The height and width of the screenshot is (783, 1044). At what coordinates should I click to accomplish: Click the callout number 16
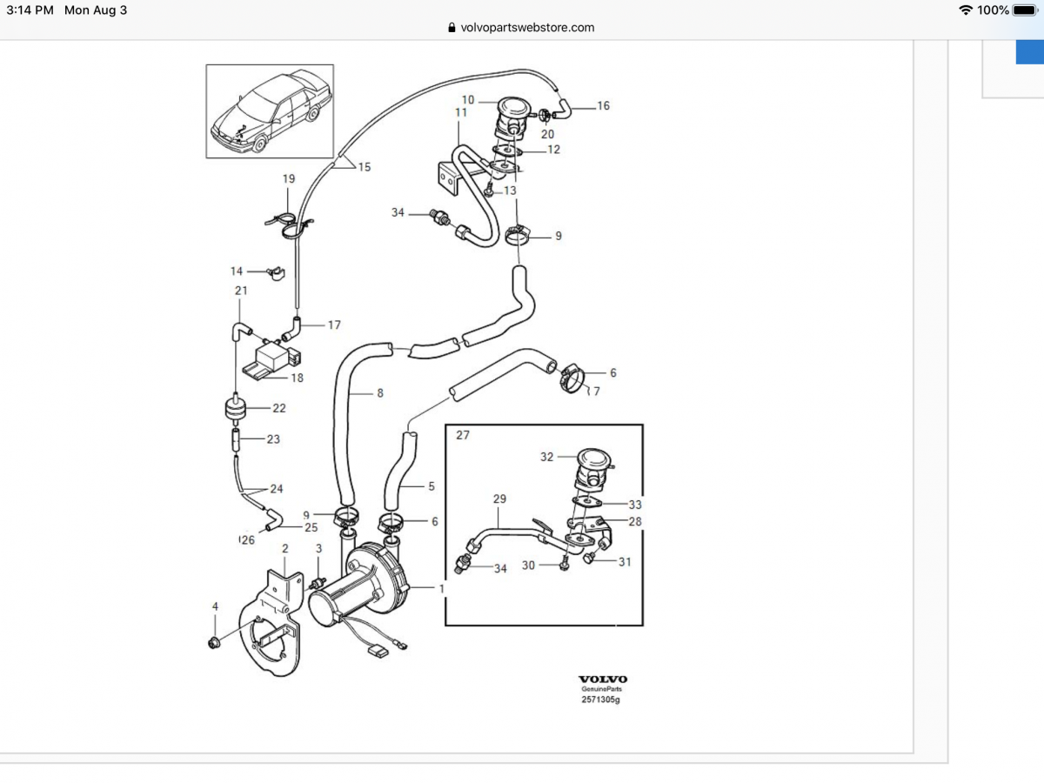603,106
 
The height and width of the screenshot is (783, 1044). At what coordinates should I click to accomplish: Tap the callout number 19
289,179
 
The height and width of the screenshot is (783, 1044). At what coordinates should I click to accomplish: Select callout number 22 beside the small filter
278,408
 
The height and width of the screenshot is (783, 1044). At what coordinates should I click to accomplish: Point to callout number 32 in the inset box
546,457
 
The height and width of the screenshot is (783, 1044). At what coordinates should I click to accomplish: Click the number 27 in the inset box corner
462,435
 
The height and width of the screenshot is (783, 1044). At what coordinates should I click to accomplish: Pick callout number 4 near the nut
215,606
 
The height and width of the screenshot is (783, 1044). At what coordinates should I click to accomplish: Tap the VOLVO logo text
603,679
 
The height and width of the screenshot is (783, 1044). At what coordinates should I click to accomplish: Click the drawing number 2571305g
603,699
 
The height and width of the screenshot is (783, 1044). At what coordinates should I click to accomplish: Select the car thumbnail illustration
270,110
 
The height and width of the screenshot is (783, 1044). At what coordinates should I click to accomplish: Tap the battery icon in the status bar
1024,10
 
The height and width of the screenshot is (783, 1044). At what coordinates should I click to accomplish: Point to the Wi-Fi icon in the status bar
966,10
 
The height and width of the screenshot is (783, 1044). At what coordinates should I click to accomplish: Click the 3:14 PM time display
30,10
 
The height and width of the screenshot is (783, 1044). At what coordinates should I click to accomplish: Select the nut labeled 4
212,643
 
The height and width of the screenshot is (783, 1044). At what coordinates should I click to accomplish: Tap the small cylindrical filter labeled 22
232,407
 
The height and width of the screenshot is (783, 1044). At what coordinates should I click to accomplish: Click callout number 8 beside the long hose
379,393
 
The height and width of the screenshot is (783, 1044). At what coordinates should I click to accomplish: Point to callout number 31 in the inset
625,561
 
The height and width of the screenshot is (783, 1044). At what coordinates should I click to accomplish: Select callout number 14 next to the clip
237,271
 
